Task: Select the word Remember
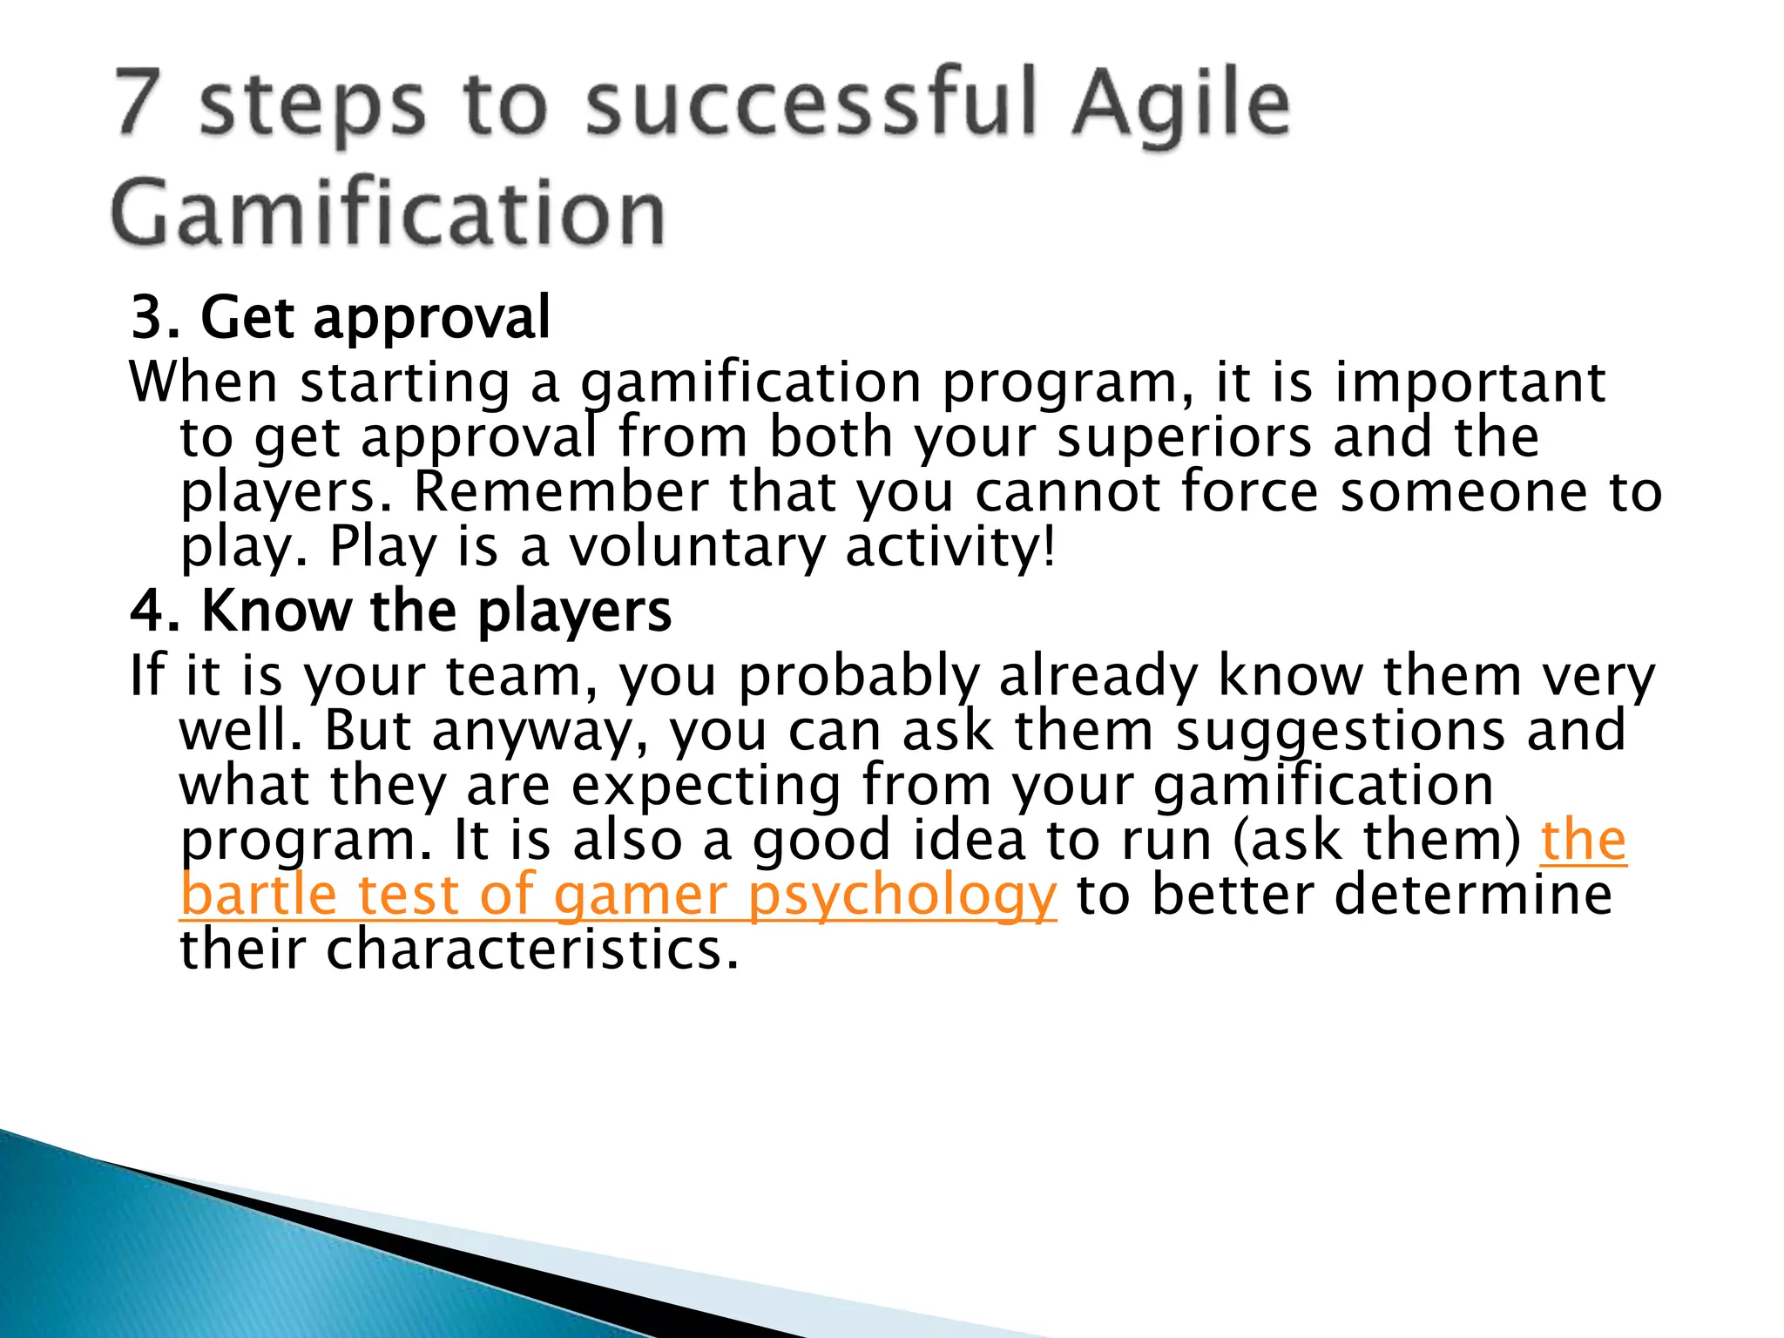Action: click(561, 493)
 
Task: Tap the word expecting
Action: click(706, 786)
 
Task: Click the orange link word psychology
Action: click(902, 896)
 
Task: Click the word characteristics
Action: click(531, 950)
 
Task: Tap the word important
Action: click(1470, 383)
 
